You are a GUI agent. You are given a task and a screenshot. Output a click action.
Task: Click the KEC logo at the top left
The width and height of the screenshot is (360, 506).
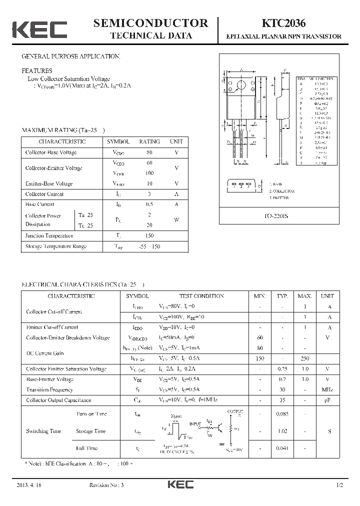click(x=39, y=29)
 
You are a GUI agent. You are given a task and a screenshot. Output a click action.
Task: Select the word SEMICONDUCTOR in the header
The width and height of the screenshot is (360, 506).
click(x=150, y=23)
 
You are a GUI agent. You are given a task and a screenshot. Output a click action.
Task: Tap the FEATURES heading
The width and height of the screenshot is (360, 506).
click(x=36, y=71)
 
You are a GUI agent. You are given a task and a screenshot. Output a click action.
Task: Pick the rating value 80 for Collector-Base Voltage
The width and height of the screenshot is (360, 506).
click(x=149, y=152)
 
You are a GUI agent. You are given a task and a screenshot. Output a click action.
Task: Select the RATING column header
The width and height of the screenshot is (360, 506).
click(x=149, y=142)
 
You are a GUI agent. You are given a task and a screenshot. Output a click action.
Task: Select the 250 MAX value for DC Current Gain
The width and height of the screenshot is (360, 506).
click(x=304, y=358)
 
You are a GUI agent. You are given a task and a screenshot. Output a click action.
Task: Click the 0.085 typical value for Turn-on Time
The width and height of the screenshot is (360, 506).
click(x=283, y=414)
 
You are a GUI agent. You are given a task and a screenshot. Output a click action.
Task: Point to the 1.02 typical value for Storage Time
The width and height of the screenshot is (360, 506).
click(x=283, y=431)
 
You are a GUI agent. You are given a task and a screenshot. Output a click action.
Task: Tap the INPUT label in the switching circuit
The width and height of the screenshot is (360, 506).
click(x=195, y=423)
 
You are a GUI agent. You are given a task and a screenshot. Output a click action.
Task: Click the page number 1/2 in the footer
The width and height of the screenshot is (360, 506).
click(x=340, y=485)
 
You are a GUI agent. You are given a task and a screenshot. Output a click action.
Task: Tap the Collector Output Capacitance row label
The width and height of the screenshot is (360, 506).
click(x=58, y=400)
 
